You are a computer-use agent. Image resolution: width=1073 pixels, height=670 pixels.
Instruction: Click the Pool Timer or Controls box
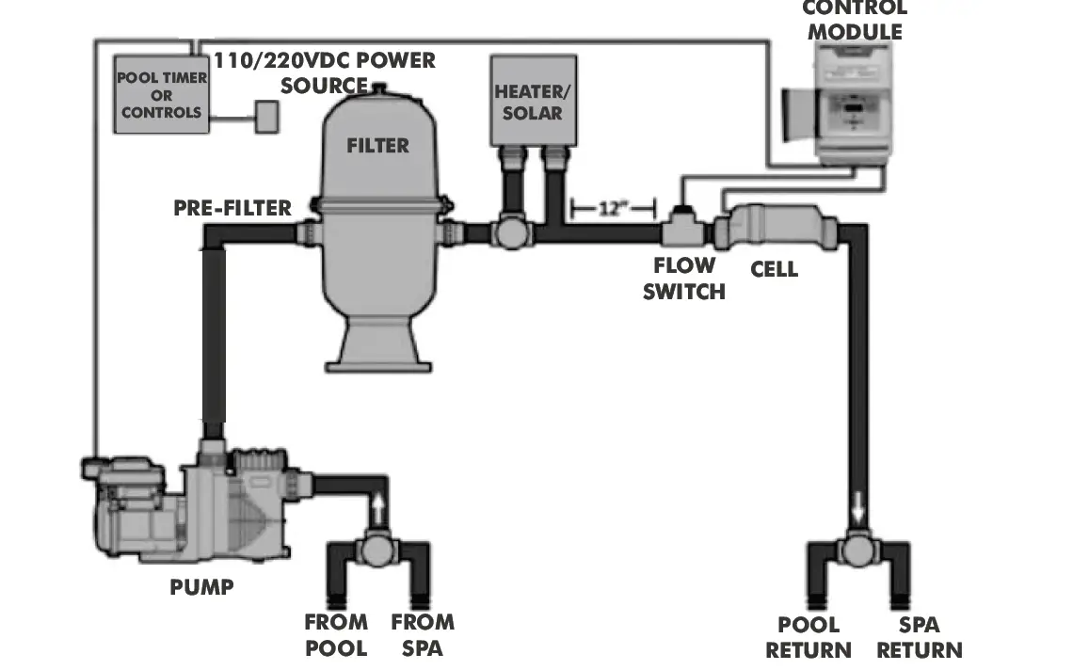coord(161,94)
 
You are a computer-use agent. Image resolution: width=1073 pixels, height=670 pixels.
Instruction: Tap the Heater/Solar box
coord(528,102)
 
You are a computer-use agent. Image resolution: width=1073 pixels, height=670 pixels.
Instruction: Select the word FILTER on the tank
coord(377,146)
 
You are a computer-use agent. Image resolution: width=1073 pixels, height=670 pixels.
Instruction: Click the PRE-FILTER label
coord(232,207)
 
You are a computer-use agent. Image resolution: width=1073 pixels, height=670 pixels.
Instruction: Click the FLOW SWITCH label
coord(684,279)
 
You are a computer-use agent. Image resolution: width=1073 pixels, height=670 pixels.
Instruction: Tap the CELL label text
coord(774,269)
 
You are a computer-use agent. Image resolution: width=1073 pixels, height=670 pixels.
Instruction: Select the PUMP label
coord(201,587)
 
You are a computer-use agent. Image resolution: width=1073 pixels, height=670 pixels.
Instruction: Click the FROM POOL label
coord(336,635)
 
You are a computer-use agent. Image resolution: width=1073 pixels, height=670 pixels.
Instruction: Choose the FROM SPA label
coord(423,635)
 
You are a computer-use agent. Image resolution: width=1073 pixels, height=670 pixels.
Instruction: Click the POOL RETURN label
coord(808,637)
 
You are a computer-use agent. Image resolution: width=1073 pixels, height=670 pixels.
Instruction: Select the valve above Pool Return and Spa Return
coord(857,550)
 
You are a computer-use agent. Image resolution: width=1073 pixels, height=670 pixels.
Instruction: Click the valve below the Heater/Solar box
coord(514,231)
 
